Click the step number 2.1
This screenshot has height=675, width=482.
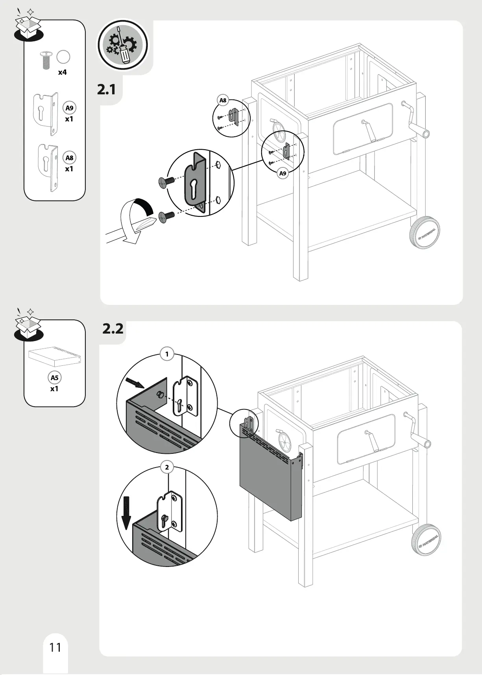pos(107,90)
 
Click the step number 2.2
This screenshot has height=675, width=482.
pos(113,328)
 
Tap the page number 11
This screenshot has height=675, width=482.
pos(55,647)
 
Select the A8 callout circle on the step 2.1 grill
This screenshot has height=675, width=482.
pos(223,101)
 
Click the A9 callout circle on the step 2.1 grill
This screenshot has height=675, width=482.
pos(283,173)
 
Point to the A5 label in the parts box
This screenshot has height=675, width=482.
pos(54,378)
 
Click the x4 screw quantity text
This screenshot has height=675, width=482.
pos(62,72)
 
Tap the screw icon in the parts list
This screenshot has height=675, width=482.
pos(46,59)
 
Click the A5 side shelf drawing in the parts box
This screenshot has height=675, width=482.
pos(55,356)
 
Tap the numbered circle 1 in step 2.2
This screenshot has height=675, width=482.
pos(167,354)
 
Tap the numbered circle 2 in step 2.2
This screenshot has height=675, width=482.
pos(167,467)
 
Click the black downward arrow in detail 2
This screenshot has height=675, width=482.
pos(126,512)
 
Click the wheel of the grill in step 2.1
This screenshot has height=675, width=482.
pos(425,234)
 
